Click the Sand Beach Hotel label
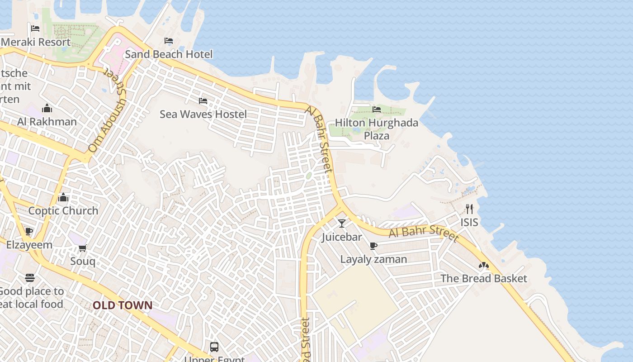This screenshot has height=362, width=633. pyautogui.click(x=169, y=54)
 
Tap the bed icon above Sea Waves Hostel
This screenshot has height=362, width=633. pyautogui.click(x=203, y=101)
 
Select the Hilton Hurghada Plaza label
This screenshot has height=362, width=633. pyautogui.click(x=377, y=129)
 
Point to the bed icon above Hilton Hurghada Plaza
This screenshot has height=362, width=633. pyautogui.click(x=377, y=109)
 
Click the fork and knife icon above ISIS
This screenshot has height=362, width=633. pyautogui.click(x=469, y=209)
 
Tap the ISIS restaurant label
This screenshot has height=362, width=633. pyautogui.click(x=469, y=222)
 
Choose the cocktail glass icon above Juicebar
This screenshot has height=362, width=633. pyautogui.click(x=342, y=224)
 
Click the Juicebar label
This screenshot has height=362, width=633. pyautogui.click(x=342, y=237)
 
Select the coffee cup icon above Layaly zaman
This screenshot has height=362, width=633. pyautogui.click(x=373, y=246)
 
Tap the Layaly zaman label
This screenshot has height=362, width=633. pyautogui.click(x=373, y=259)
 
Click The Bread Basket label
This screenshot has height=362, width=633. pyautogui.click(x=484, y=278)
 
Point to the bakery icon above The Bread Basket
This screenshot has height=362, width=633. pyautogui.click(x=484, y=265)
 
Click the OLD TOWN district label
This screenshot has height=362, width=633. pyautogui.click(x=123, y=305)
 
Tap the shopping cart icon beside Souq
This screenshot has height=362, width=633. pyautogui.click(x=83, y=248)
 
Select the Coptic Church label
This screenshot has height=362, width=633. pyautogui.click(x=63, y=210)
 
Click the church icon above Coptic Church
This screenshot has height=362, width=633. pyautogui.click(x=63, y=197)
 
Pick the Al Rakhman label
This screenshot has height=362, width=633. pyautogui.click(x=47, y=121)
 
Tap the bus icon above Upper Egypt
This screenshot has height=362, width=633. pyautogui.click(x=214, y=347)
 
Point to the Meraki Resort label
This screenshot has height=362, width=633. pyautogui.click(x=36, y=42)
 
